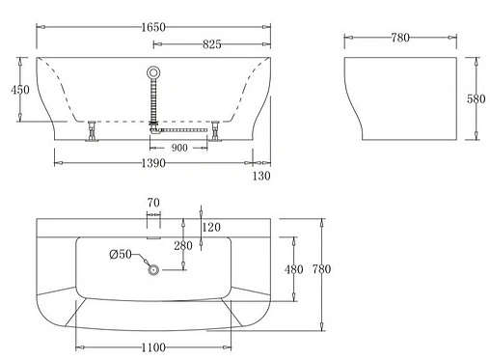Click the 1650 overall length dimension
[x=153, y=27]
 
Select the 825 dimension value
[x=212, y=44]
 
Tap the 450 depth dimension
[x=20, y=90]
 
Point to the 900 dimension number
[x=179, y=148]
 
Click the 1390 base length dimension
[x=153, y=163]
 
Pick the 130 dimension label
[x=261, y=176]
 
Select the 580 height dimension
[x=476, y=98]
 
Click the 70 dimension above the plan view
[x=153, y=203]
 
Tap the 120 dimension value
[x=211, y=228]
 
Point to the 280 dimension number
[x=183, y=246]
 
